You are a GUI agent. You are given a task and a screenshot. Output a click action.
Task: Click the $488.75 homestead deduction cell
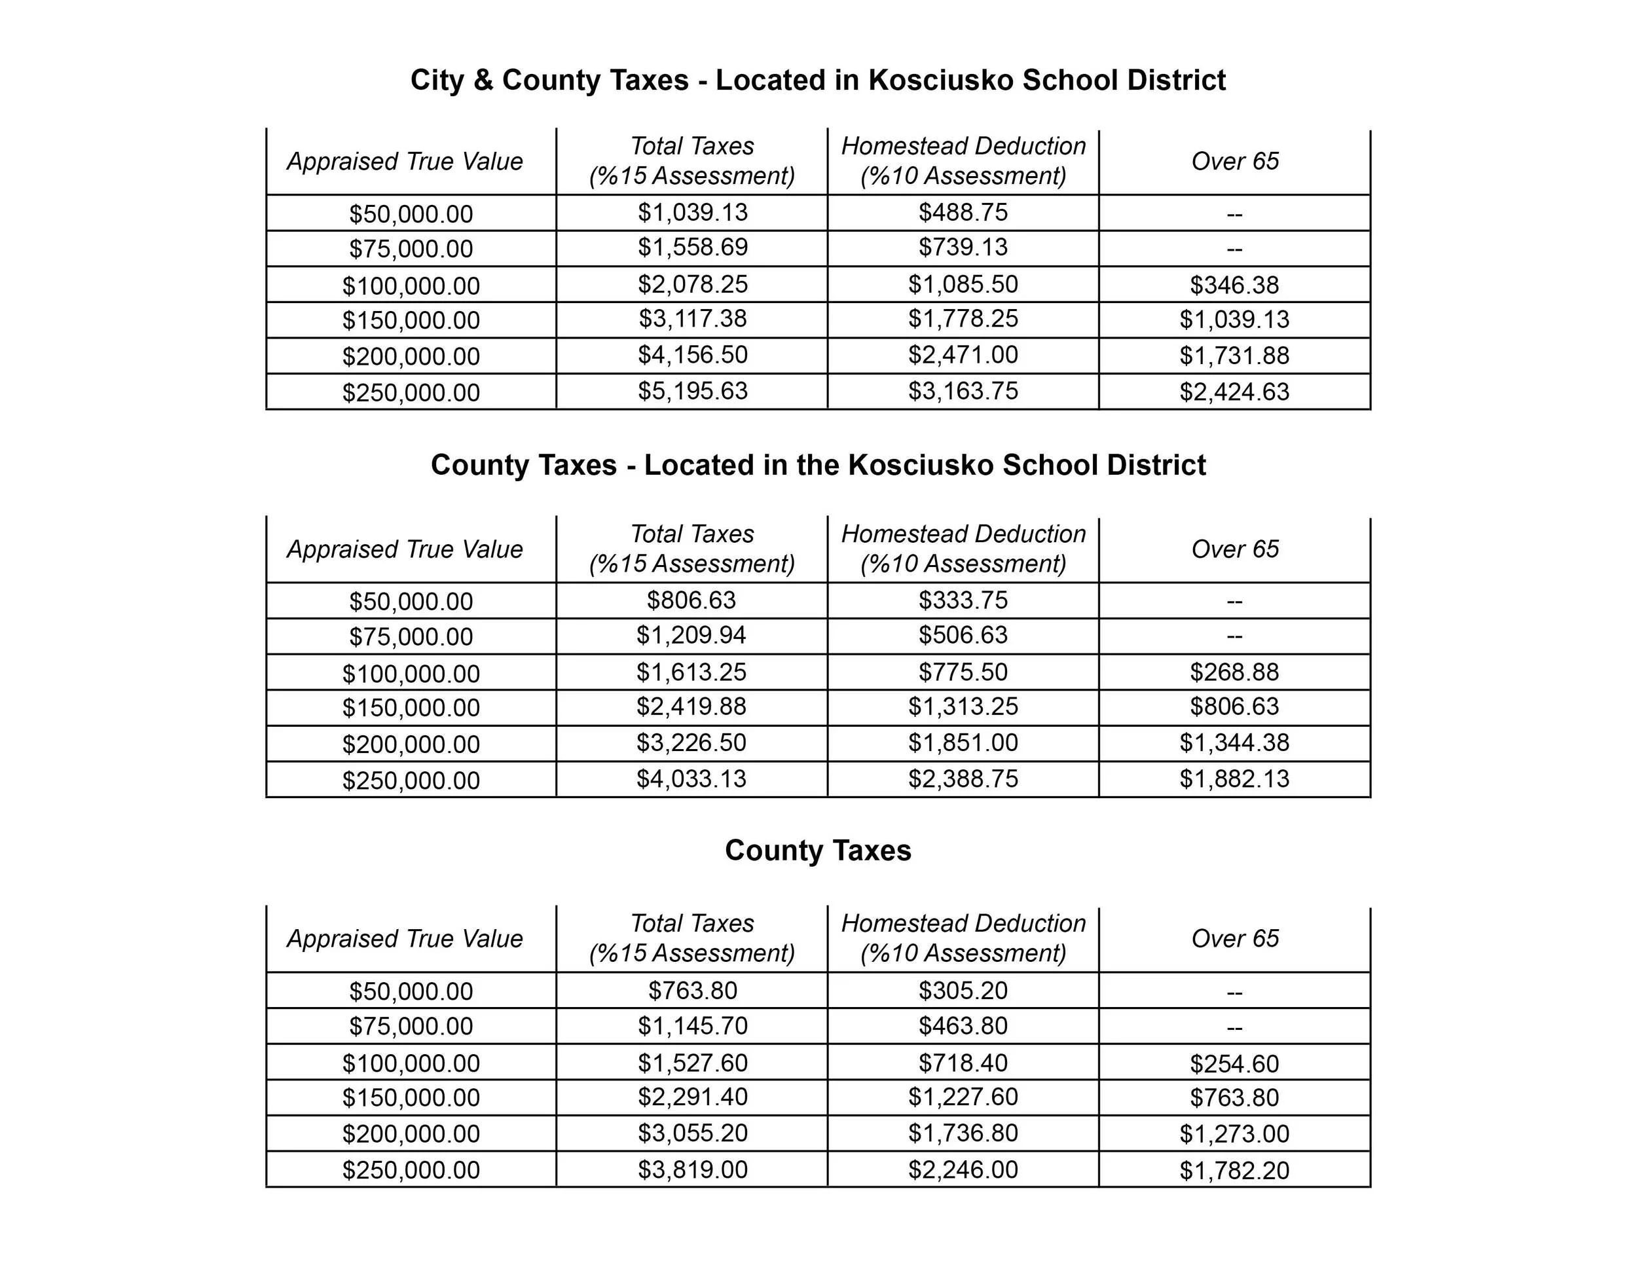point(963,212)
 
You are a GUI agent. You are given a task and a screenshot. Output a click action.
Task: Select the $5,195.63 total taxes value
point(693,390)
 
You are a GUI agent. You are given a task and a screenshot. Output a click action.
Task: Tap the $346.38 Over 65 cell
point(1234,285)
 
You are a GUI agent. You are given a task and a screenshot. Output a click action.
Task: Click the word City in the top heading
point(437,80)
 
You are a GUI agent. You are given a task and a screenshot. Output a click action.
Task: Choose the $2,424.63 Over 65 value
point(1234,391)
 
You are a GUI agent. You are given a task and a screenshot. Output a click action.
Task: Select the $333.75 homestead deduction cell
point(963,600)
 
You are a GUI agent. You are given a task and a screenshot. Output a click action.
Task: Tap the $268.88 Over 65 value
point(1234,672)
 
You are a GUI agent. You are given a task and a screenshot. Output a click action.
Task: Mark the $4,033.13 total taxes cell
point(691,779)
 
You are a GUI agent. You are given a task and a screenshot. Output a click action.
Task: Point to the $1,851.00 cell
point(963,742)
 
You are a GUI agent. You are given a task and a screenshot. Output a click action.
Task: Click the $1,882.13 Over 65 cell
point(1234,779)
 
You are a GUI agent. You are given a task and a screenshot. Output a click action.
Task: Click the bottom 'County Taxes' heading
point(818,851)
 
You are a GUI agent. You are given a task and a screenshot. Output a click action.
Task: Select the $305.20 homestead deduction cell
point(963,991)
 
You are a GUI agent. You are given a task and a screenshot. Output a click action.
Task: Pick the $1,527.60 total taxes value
point(693,1063)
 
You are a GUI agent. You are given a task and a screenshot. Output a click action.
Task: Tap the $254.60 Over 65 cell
point(1234,1063)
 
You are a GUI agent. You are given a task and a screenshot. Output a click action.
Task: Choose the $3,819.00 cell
point(693,1170)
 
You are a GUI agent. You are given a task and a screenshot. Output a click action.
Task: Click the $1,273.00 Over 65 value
point(1234,1134)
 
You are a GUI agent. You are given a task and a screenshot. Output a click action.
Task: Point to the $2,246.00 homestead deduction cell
point(963,1170)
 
